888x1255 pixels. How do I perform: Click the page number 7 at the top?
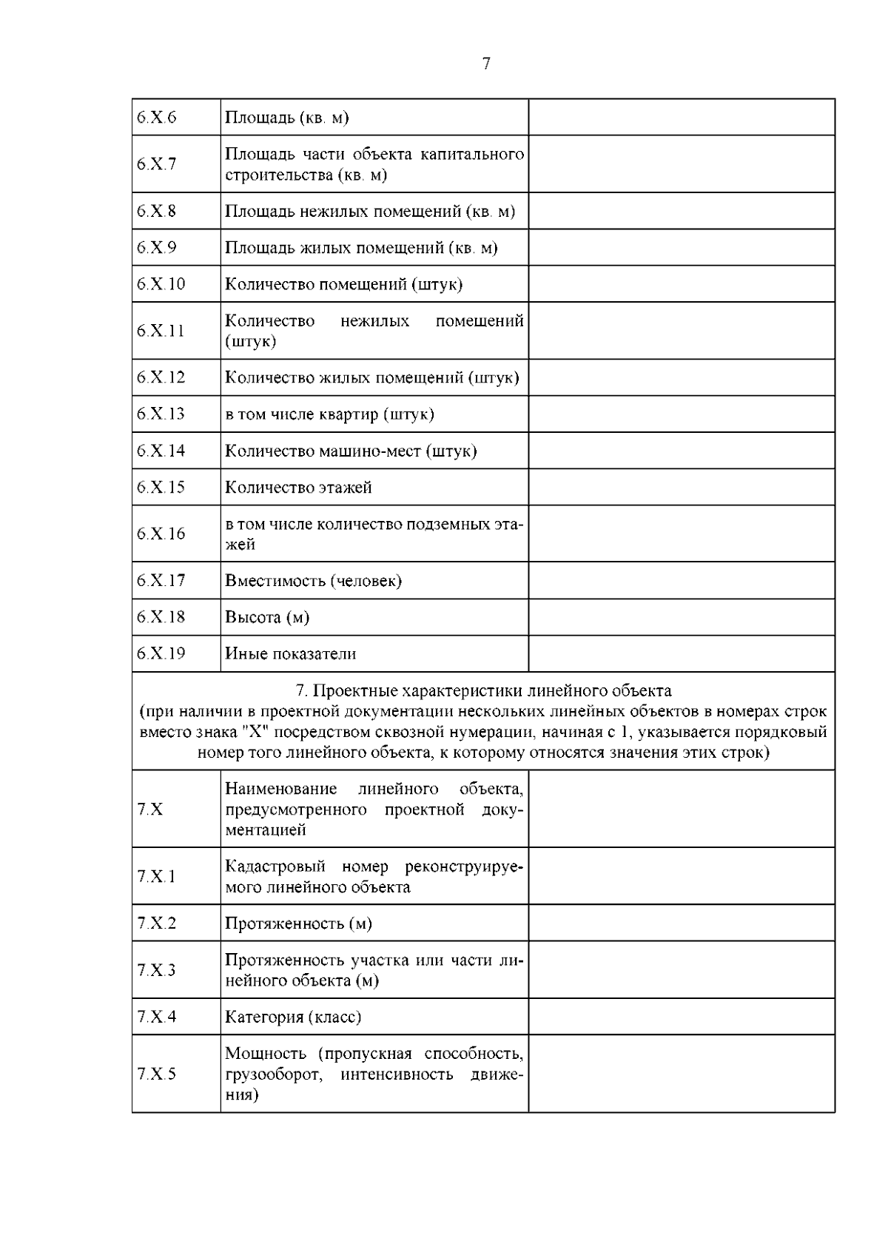486,64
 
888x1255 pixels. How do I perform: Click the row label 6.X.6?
156,118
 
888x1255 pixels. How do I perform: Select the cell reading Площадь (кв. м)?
286,118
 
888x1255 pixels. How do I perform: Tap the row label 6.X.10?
161,284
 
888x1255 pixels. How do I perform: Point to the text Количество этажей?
298,488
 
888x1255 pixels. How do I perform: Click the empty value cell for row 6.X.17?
681,581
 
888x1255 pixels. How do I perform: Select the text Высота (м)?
266,617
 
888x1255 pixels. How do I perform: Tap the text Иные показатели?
290,654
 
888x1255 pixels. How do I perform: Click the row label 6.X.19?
161,653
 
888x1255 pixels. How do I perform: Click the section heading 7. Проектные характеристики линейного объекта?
483,691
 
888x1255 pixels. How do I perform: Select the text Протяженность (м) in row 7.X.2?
298,923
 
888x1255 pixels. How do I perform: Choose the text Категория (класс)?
293,1017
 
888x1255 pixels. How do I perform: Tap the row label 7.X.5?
156,1074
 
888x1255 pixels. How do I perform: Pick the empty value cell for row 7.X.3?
681,970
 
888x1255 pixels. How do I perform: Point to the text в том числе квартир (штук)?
329,414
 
